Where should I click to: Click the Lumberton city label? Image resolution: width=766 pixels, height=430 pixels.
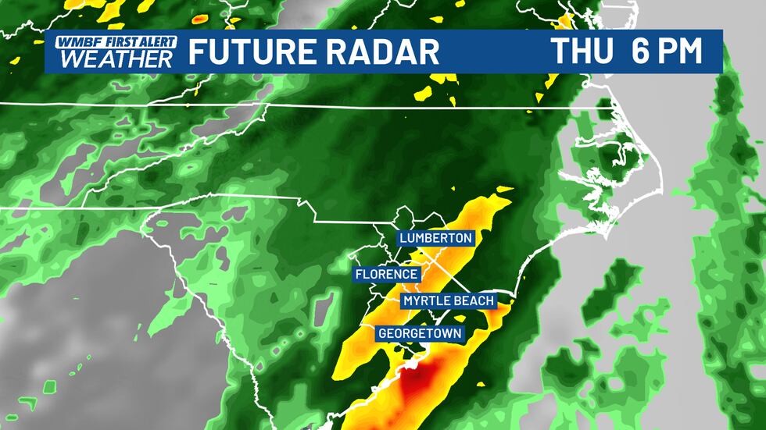click(x=435, y=237)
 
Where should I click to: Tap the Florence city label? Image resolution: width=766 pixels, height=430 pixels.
click(x=387, y=274)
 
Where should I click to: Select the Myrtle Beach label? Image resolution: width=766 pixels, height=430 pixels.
click(x=449, y=301)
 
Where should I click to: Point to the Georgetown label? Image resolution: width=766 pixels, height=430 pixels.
click(x=421, y=333)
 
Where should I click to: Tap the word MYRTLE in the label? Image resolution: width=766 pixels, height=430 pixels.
click(x=428, y=301)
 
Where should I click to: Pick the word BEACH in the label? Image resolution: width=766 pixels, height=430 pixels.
click(x=474, y=301)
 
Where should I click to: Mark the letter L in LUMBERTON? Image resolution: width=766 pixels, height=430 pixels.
click(x=403, y=237)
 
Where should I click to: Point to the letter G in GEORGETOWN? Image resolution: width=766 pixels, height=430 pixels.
click(x=383, y=333)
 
